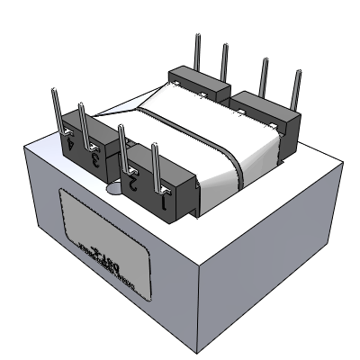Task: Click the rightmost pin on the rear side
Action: coord(294,87)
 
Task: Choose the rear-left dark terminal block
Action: coord(202,80)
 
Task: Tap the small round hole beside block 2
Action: coord(112,188)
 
